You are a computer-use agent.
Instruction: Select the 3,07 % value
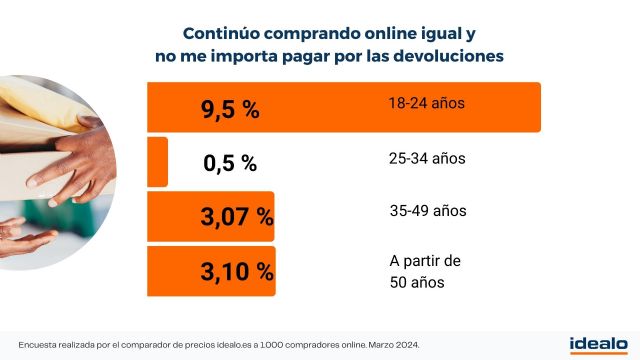236,215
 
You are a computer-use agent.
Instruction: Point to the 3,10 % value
236,269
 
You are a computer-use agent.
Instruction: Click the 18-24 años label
427,103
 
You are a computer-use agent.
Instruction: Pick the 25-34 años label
427,158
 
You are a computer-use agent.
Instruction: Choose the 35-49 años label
427,211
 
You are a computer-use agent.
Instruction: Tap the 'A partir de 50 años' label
424,272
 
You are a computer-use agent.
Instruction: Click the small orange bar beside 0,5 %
157,162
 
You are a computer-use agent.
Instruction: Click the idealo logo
598,343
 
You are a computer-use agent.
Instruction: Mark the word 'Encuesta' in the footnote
39,344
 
